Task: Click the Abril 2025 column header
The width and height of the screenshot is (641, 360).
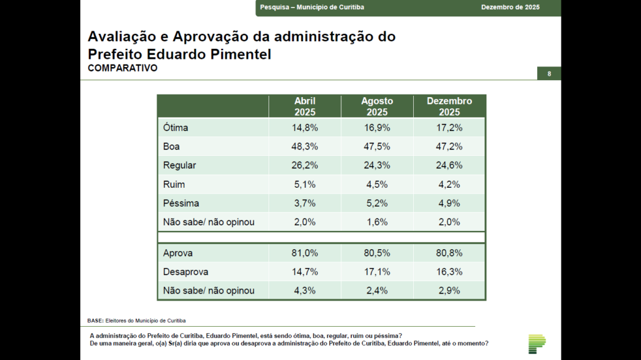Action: coord(305,106)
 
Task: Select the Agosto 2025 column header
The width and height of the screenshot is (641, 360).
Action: coord(377,106)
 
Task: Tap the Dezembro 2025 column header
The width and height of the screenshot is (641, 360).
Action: coord(449,106)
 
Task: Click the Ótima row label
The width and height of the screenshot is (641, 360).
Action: coord(176,128)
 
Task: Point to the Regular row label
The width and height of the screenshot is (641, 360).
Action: coord(180,165)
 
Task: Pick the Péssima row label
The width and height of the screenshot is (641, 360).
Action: coord(181,203)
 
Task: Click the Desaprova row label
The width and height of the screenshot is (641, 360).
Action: coord(185,272)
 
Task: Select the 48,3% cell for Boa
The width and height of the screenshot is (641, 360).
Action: coord(305,147)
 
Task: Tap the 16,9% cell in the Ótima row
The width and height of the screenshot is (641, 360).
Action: coord(377,128)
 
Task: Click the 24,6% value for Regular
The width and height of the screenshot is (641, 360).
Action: coord(449,165)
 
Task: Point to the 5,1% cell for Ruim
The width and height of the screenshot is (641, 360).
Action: coord(305,184)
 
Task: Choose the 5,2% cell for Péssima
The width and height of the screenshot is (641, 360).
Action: coord(377,203)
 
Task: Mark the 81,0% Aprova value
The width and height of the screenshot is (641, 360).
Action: coord(305,254)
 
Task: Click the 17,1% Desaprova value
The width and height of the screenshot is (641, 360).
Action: coord(377,272)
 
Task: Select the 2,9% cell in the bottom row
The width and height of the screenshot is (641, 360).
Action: coord(449,291)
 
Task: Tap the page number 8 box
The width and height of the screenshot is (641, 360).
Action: coord(549,74)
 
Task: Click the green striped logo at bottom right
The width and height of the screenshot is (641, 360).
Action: coord(536,344)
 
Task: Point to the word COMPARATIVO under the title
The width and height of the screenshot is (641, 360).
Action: coord(123,68)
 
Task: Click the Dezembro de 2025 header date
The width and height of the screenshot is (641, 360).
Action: coord(510,7)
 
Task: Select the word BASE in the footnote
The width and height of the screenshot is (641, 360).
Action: coord(95,321)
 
